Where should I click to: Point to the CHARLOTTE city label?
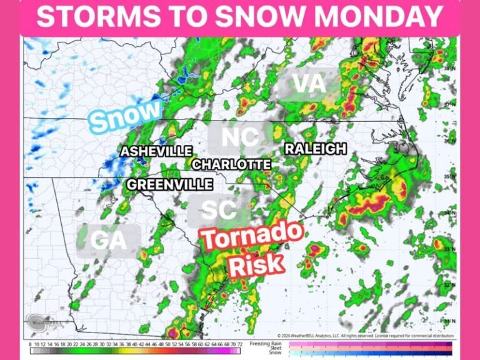coord(231,164)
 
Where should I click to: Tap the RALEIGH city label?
coord(315,149)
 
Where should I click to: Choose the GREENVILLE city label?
coord(170,184)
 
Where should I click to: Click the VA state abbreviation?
coord(309,84)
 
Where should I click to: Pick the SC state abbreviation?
coord(219,209)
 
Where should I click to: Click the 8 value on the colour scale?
coord(31,344)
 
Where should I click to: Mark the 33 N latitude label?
coord(449,249)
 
